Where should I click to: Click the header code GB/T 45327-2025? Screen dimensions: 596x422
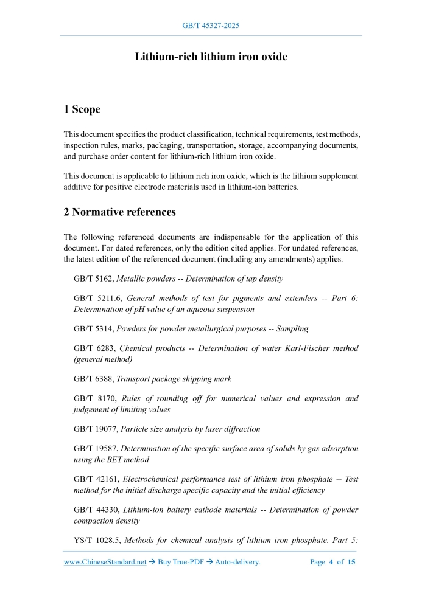click(x=211, y=26)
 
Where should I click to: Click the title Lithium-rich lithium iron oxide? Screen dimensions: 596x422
click(x=211, y=57)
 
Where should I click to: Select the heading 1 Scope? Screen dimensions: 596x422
click(x=82, y=109)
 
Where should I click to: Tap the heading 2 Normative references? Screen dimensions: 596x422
click(x=119, y=212)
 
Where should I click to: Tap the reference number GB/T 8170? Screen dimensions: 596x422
click(x=93, y=399)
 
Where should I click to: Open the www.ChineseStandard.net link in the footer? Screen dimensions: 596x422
click(x=105, y=563)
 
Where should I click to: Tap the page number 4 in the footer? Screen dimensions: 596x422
click(x=331, y=563)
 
